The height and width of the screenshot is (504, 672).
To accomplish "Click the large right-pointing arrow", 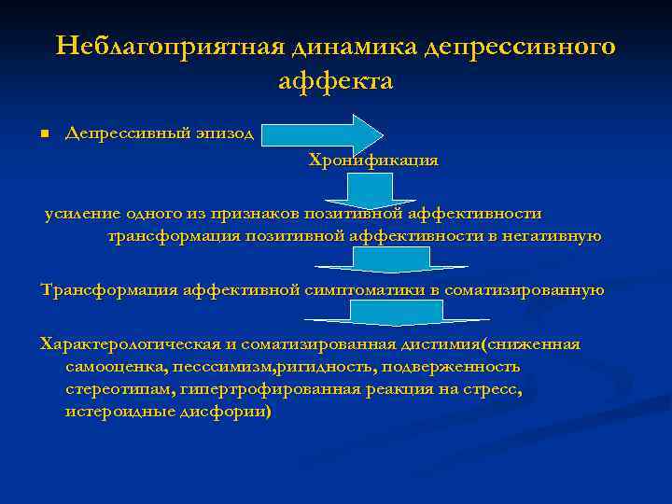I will (322, 133).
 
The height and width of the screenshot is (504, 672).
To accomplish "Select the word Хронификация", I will (373, 161).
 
